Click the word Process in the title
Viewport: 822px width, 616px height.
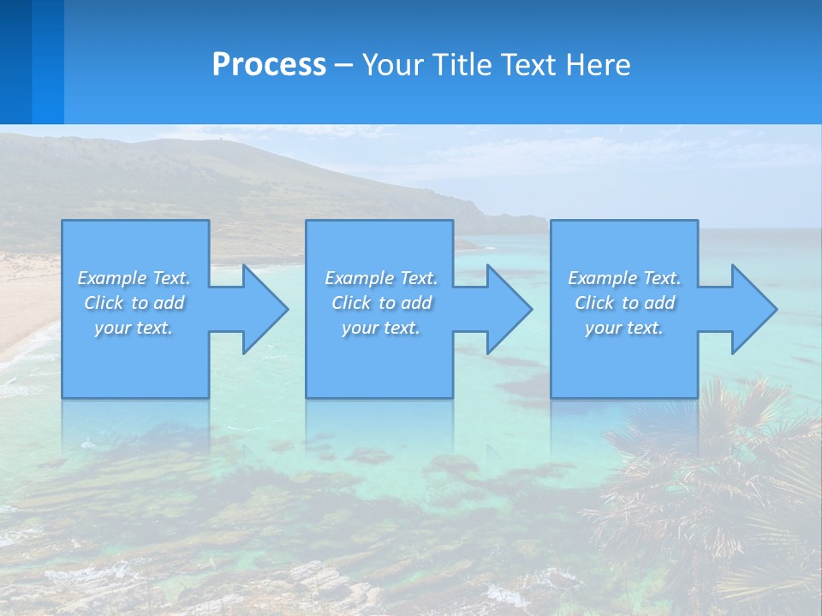click(269, 65)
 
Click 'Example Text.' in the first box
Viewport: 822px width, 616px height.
click(134, 278)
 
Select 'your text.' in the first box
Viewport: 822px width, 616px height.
click(134, 328)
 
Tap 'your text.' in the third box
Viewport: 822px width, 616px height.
click(623, 328)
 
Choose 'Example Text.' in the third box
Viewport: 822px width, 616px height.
click(624, 278)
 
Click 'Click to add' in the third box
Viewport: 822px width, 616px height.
click(624, 303)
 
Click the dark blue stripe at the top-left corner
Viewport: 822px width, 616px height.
click(15, 60)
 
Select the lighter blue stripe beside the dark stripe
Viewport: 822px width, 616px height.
click(48, 60)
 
